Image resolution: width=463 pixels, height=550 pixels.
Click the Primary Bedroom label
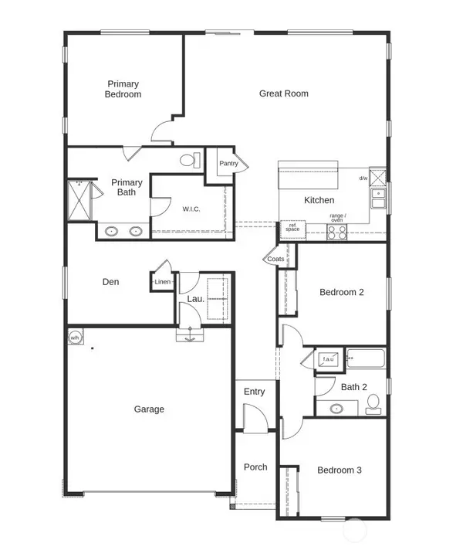123,89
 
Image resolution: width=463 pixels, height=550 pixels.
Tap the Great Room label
283,93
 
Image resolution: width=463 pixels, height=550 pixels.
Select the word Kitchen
319,200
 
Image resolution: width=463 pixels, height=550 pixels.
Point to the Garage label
148,409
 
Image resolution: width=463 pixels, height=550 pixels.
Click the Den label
110,282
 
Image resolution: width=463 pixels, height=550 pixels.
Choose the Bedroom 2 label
341,292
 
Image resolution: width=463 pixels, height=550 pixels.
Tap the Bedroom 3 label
340,470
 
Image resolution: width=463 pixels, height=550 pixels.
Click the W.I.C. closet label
192,209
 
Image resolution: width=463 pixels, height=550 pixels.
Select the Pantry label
228,164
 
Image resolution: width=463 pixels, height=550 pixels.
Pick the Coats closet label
275,260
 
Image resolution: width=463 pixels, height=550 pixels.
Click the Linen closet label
162,282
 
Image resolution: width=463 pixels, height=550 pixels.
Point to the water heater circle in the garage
75,338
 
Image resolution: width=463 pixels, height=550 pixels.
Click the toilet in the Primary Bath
189,161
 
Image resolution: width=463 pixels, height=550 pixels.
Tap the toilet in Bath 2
373,403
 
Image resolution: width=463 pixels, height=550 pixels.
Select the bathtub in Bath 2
367,358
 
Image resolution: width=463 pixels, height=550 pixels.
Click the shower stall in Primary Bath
79,200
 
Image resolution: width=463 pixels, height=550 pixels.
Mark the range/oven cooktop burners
336,232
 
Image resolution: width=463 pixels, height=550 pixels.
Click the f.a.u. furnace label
327,358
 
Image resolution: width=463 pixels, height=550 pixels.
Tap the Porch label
255,467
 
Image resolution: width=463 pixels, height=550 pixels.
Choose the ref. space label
292,227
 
